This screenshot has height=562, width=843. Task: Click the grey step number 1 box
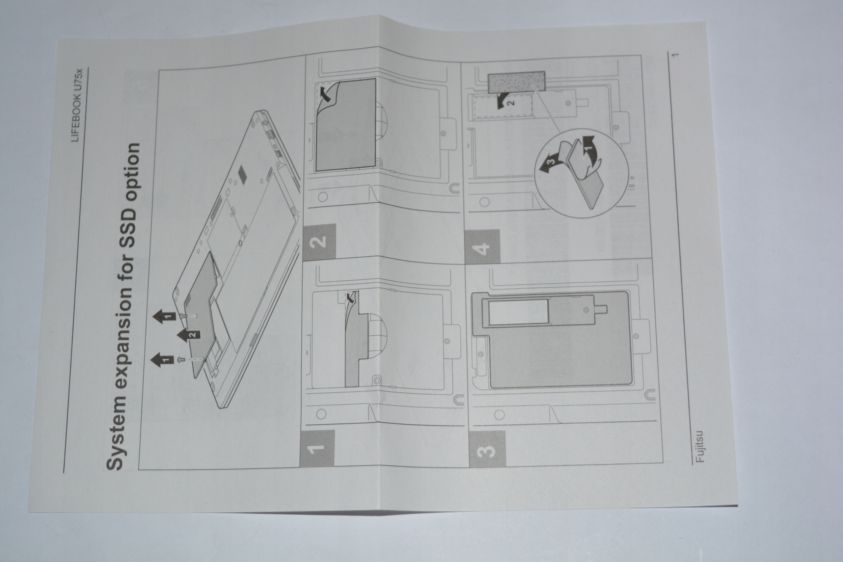(317, 448)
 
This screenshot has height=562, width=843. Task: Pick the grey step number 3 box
(487, 448)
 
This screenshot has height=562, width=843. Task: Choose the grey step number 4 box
(482, 247)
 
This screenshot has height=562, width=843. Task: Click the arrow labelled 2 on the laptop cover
(189, 335)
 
